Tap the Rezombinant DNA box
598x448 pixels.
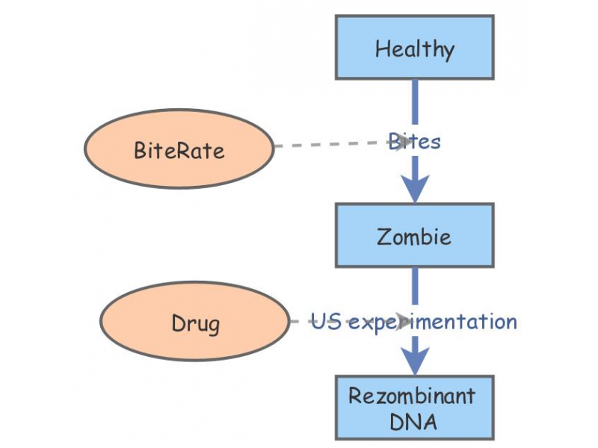(x=414, y=408)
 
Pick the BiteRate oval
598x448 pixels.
(x=179, y=150)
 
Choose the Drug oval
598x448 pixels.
(x=195, y=323)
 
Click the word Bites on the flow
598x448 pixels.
(x=415, y=141)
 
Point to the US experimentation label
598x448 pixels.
(x=414, y=322)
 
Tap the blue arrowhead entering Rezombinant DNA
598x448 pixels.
(x=415, y=362)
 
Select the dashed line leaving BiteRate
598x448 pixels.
(x=329, y=144)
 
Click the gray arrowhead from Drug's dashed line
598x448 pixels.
(x=404, y=322)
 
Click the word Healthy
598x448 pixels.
(x=414, y=50)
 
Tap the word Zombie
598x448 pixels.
(x=414, y=237)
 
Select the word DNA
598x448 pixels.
(x=413, y=421)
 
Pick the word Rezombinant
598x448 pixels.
(x=412, y=395)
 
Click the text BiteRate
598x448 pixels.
(x=179, y=150)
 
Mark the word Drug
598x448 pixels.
(x=195, y=324)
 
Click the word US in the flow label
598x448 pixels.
(x=327, y=322)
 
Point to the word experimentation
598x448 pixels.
(x=433, y=323)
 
